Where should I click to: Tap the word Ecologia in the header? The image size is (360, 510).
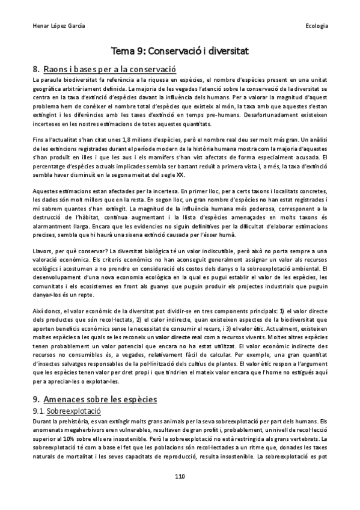click(316, 27)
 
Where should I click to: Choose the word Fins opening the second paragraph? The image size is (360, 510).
click(40, 139)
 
